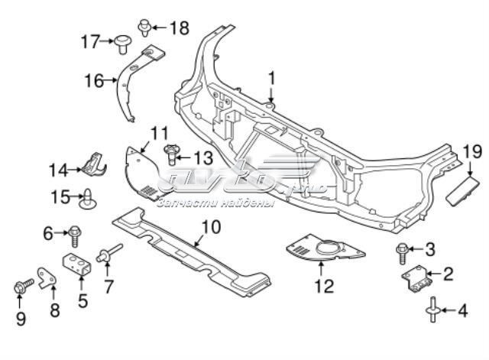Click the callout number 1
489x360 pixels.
point(270,76)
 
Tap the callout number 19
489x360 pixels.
point(472,152)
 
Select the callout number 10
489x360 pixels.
point(211,225)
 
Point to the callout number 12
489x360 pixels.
point(324,287)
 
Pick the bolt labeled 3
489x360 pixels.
point(403,249)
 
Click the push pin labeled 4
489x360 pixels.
point(434,310)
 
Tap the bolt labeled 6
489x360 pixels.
point(75,232)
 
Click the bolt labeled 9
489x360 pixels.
point(19,289)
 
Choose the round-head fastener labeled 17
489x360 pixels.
point(121,44)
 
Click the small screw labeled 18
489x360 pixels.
point(144,28)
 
